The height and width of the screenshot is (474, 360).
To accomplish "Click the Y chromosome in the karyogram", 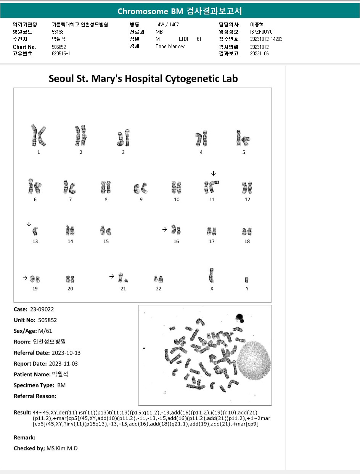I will [247, 280].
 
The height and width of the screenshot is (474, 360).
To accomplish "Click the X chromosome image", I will [211, 275].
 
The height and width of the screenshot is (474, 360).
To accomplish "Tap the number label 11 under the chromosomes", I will [212, 199].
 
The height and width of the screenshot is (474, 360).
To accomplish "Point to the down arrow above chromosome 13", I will [29, 224].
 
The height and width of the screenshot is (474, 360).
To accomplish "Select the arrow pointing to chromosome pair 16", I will [164, 229].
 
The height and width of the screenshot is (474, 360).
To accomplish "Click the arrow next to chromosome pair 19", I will [25, 278].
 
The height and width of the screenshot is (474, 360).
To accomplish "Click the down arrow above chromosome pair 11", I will [213, 174].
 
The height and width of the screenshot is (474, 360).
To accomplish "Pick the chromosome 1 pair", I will [38, 135].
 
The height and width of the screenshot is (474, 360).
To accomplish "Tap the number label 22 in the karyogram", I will [159, 289].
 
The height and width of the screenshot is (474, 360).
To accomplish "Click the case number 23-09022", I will [39, 310].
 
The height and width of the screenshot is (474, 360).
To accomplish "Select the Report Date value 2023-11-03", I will [64, 364].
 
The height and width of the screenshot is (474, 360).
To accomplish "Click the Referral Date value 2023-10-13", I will [66, 353].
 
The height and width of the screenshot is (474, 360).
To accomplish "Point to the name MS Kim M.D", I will [62, 448].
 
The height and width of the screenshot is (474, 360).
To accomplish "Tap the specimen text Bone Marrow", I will [170, 46].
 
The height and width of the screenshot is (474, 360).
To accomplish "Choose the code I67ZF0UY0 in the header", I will [261, 32].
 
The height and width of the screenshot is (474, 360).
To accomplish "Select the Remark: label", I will [24, 438].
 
